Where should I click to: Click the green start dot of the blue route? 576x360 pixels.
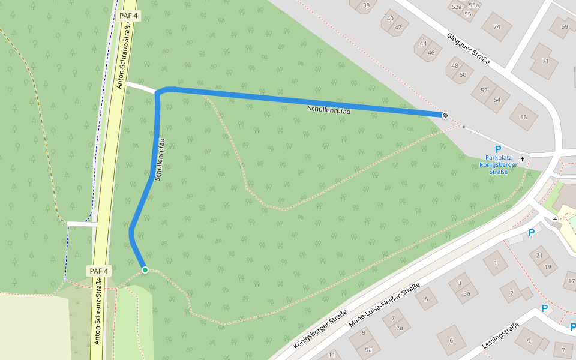(145, 270)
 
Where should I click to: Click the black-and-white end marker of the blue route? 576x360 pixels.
(445, 115)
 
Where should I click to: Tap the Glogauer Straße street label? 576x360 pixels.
(468, 49)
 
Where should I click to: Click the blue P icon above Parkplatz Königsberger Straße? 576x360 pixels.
(497, 149)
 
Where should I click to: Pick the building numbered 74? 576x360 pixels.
(496, 26)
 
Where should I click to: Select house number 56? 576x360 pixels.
(523, 117)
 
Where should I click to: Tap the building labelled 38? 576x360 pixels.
(366, 5)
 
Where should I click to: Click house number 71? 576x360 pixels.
(545, 61)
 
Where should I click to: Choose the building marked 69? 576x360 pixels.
(564, 26)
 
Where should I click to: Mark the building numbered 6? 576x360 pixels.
(451, 341)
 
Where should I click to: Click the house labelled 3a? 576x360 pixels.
(466, 293)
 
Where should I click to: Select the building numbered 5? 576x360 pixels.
(427, 298)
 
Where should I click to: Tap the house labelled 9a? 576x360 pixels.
(368, 350)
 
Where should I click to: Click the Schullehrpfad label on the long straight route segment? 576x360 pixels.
(329, 109)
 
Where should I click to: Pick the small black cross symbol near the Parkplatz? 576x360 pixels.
(522, 159)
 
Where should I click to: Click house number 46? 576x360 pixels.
(431, 52)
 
